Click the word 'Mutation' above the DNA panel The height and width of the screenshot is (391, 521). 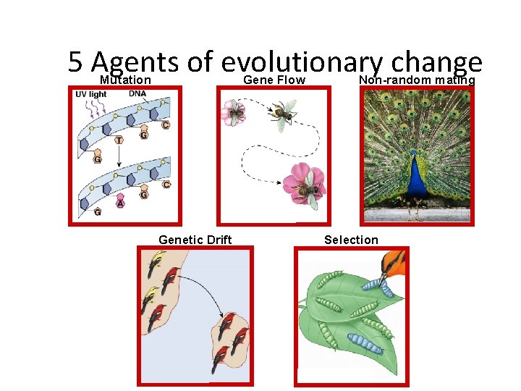[125, 80]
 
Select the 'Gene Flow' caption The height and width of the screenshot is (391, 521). [274, 80]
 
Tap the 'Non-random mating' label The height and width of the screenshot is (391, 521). [417, 80]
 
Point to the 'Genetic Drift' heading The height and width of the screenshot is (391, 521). [195, 240]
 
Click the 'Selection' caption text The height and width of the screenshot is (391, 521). [351, 240]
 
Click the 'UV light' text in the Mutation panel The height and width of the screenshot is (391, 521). [91, 95]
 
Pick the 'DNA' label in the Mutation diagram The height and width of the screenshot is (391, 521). [137, 93]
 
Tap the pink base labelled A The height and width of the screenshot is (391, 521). [120, 203]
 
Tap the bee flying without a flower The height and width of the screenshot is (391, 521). [282, 113]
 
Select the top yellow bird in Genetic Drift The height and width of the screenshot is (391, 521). [155, 264]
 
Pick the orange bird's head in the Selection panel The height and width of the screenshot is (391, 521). [394, 263]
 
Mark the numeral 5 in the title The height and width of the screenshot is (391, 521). [75, 62]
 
